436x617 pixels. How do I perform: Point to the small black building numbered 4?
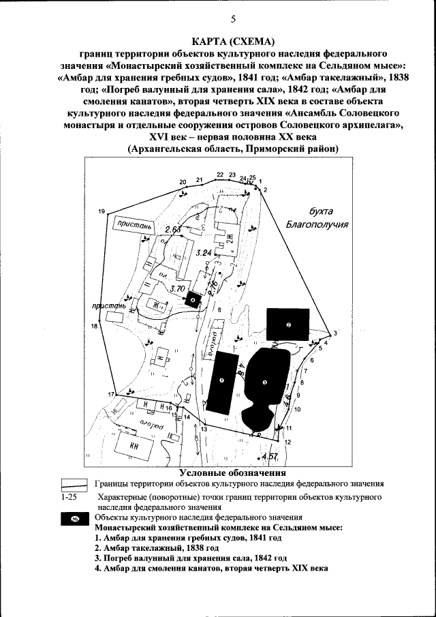point(193,299)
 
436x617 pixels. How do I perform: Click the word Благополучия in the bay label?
point(317,224)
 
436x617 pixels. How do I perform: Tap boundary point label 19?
point(102,212)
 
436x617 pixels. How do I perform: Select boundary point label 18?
point(94,327)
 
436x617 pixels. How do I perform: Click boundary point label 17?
point(110,395)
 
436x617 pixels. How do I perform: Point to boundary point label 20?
point(183,182)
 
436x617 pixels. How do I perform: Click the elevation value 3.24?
point(204,253)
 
